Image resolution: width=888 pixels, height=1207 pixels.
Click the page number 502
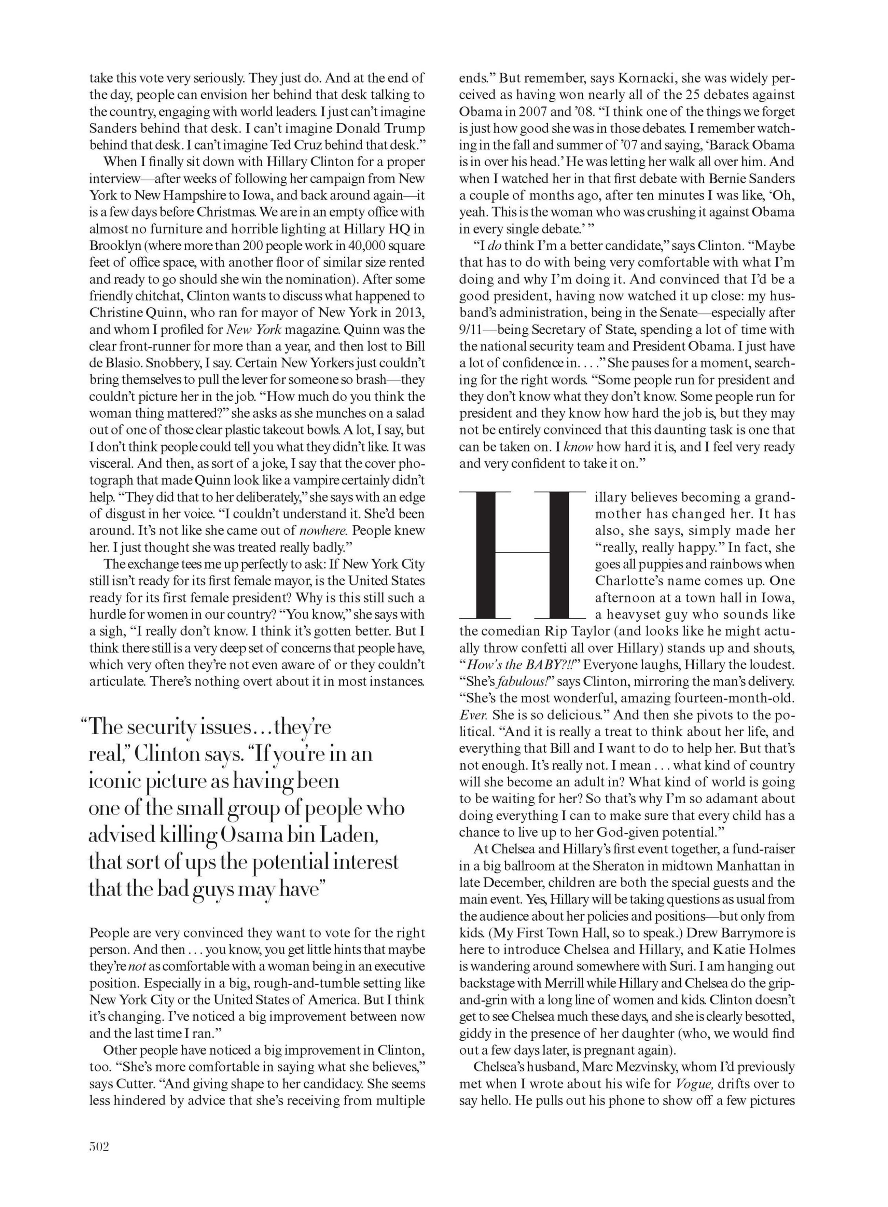pyautogui.click(x=99, y=1146)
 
